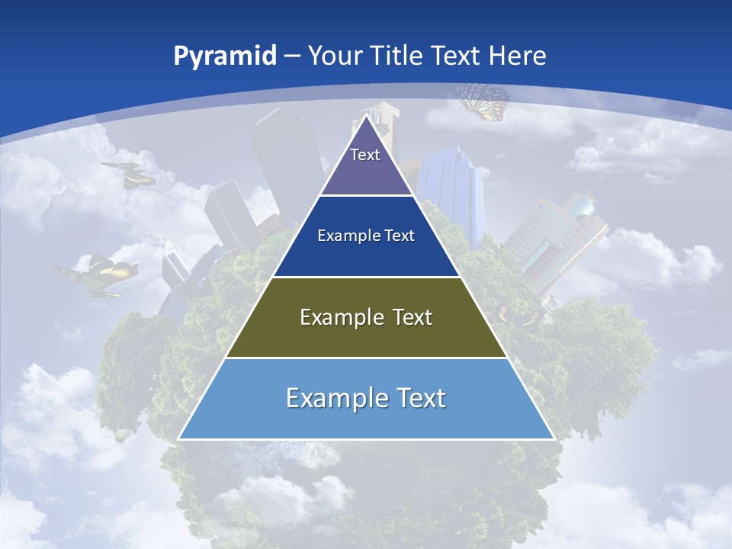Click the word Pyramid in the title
click(x=225, y=56)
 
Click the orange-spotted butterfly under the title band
click(x=483, y=102)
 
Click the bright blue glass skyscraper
click(x=450, y=191)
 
